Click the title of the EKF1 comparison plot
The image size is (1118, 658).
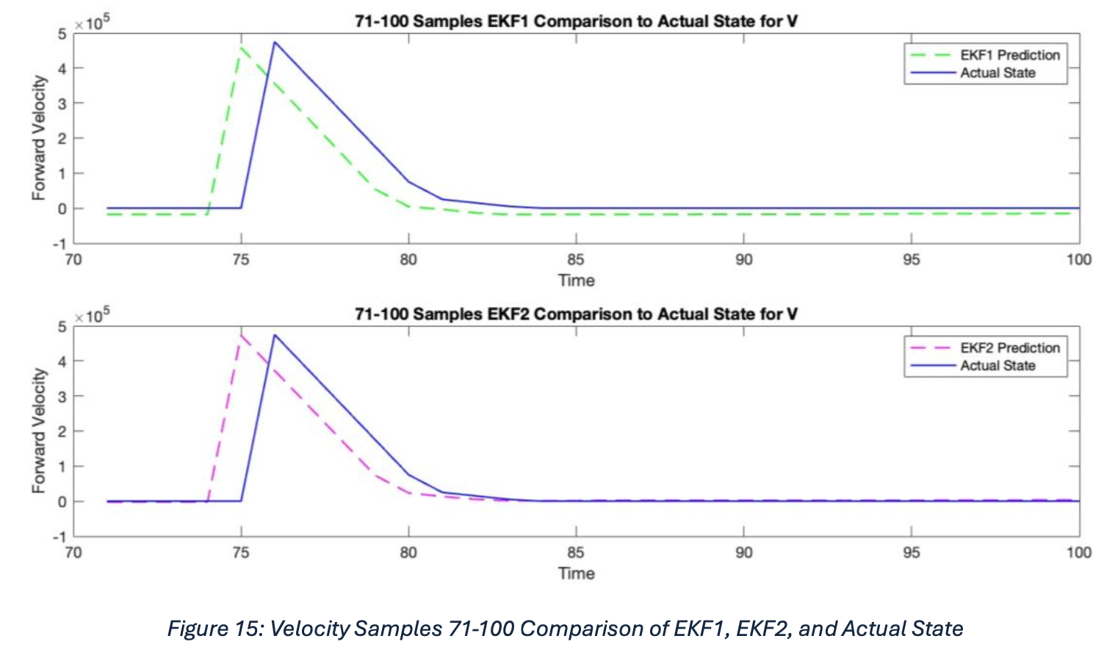click(x=576, y=21)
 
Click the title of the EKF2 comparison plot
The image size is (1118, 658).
click(x=576, y=314)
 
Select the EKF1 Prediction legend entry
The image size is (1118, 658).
click(x=1009, y=55)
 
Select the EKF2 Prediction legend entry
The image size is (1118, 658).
click(x=1009, y=348)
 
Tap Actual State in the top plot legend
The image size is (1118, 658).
click(x=998, y=73)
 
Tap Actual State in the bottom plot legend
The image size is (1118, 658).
click(x=998, y=366)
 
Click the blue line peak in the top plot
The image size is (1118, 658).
click(x=275, y=42)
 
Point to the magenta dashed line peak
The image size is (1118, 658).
click(x=241, y=336)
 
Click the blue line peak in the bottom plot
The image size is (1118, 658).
click(x=275, y=335)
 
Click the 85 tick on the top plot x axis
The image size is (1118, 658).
click(x=576, y=259)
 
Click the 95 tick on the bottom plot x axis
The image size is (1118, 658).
click(x=911, y=552)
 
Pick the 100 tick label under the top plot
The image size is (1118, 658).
click(x=1078, y=259)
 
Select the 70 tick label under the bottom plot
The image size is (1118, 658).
click(x=73, y=552)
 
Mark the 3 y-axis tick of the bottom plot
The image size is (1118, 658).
click(x=62, y=397)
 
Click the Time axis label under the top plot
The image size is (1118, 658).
click(x=576, y=281)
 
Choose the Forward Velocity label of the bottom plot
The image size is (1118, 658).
click(x=39, y=430)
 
